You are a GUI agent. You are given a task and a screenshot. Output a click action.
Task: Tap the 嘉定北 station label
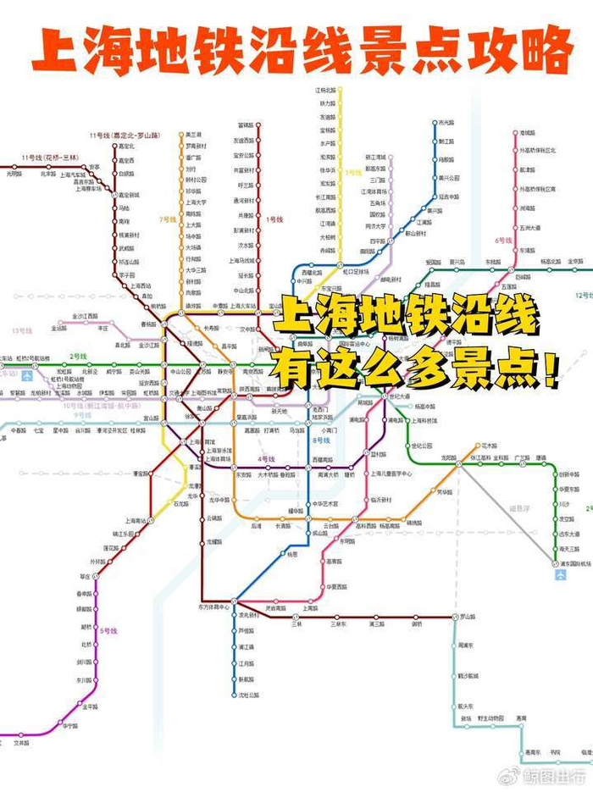[x=126, y=146]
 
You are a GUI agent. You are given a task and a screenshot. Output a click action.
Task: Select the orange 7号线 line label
[x=166, y=219]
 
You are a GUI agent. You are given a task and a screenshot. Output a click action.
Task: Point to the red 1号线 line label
[x=274, y=219]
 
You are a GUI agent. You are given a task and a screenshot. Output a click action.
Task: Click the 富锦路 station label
[x=247, y=126]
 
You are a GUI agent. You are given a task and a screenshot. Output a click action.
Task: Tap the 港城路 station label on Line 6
[x=528, y=134]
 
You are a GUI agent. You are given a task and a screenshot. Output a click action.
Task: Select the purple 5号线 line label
[x=108, y=631]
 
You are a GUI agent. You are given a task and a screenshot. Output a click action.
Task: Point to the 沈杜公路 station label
[x=248, y=695]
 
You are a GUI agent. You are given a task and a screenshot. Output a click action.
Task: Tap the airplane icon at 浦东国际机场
[x=560, y=575]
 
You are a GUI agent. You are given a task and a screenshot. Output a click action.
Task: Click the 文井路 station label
[x=21, y=743]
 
